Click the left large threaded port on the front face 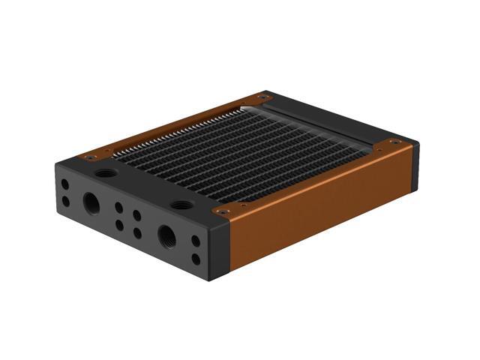(91, 202)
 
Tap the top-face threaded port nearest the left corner (107, 172)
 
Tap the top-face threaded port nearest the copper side (181, 204)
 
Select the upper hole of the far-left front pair (65, 184)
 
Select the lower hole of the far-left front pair (65, 200)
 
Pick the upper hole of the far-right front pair (196, 241)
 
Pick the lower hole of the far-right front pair (196, 259)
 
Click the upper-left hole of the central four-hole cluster (118, 208)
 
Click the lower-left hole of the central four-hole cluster (118, 224)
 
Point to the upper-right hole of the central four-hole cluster (137, 216)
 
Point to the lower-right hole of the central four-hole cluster (137, 233)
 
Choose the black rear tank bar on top (315, 120)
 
